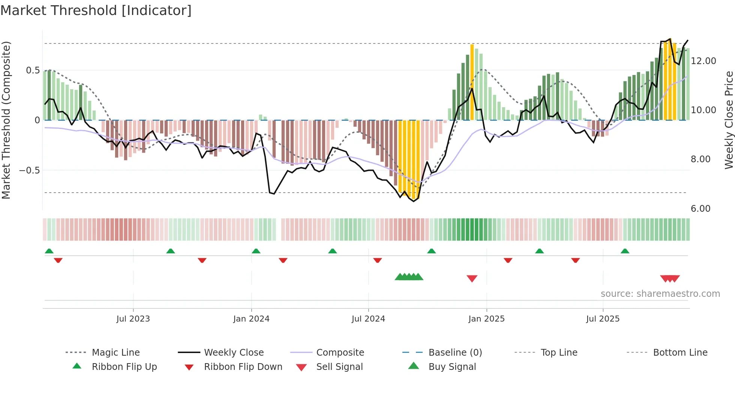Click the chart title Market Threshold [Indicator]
coord(96,10)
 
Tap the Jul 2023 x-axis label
coord(133,319)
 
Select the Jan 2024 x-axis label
coord(251,319)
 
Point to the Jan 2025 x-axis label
coord(486,319)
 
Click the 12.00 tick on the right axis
coord(703,61)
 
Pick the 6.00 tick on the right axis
coord(700,209)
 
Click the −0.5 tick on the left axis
coord(30,171)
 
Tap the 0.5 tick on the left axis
coord(33,70)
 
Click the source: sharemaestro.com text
coord(660,294)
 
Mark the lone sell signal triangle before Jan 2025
coord(472,278)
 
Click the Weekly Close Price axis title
coord(729,120)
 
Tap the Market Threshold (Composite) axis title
coord(6,120)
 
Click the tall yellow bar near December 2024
coord(472,82)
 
